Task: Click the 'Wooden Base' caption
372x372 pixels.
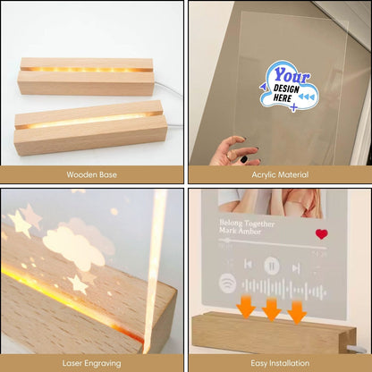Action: (x=91, y=174)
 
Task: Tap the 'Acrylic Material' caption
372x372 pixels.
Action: (x=280, y=174)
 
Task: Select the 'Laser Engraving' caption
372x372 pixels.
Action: (x=91, y=363)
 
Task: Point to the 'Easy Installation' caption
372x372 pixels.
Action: (x=280, y=363)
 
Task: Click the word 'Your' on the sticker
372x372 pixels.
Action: (x=292, y=75)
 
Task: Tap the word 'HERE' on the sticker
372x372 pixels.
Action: (x=283, y=97)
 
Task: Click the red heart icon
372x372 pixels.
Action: (x=322, y=234)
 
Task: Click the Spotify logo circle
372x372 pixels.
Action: (x=227, y=283)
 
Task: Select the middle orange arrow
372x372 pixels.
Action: (x=271, y=309)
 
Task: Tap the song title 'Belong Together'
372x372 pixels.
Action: (x=247, y=223)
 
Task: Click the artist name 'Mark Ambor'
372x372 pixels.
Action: (x=240, y=231)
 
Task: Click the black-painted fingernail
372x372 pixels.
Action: (x=244, y=159)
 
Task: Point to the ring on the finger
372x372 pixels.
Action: (x=229, y=156)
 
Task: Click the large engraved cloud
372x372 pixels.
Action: (x=73, y=246)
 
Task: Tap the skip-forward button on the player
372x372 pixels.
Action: (x=296, y=268)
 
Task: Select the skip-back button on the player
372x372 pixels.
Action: (x=248, y=264)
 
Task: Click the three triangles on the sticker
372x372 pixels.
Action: (x=305, y=97)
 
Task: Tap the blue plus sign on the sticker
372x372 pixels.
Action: (x=293, y=107)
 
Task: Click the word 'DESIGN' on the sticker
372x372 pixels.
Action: (x=286, y=89)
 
